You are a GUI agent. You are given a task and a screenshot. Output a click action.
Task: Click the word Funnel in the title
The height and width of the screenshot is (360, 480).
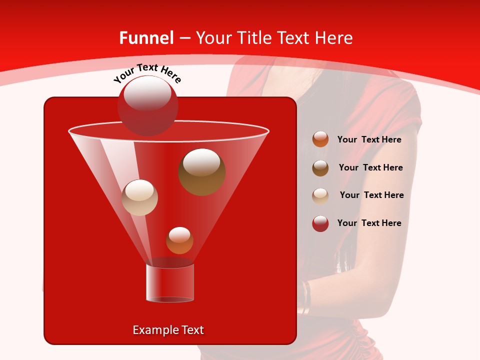[146, 38]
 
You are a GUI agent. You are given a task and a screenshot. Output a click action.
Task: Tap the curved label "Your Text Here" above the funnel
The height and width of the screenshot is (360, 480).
[147, 73]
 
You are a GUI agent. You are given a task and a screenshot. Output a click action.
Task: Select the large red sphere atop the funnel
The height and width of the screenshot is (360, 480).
[147, 105]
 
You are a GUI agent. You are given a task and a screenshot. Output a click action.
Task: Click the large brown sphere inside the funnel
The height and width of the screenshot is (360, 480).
[201, 171]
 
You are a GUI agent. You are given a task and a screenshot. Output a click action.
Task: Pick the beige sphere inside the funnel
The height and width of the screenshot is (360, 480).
[140, 197]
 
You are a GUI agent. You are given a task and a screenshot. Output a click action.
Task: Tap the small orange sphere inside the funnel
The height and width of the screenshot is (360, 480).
[179, 240]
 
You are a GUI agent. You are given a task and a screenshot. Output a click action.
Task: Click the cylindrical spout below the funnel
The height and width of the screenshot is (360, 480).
[169, 282]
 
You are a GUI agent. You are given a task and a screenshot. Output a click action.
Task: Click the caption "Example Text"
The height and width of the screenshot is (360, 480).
[168, 330]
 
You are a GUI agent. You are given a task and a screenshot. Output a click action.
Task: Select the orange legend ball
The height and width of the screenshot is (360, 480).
[320, 139]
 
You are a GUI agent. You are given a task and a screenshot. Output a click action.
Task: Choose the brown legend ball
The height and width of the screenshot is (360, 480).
[320, 167]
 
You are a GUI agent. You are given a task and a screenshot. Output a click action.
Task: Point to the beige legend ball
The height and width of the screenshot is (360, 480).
[320, 195]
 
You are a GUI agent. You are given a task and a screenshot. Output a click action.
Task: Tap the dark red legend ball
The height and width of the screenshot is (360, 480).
[320, 223]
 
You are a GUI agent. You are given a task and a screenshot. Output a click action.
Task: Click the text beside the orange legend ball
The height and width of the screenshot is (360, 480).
[369, 140]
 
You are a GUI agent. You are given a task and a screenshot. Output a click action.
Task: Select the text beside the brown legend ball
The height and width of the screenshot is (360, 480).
[370, 168]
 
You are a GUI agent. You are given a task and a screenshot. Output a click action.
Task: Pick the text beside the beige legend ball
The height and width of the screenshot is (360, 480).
[371, 195]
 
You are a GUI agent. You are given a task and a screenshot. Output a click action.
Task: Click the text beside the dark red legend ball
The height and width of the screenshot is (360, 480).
[369, 223]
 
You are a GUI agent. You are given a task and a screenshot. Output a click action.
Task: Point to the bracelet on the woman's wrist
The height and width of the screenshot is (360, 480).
[305, 297]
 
